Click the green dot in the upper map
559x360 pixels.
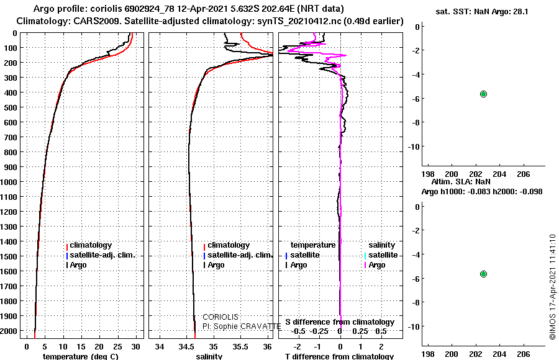pyautogui.click(x=483, y=94)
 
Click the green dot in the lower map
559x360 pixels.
pyautogui.click(x=483, y=274)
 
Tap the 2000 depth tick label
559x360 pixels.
pyautogui.click(x=9, y=331)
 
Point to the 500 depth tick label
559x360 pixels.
pyautogui.click(x=11, y=107)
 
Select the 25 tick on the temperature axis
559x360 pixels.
pyautogui.click(x=117, y=347)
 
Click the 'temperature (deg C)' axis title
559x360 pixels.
pyautogui.click(x=81, y=356)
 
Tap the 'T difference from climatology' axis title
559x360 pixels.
pyautogui.click(x=339, y=356)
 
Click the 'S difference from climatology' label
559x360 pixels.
pyautogui.click(x=340, y=322)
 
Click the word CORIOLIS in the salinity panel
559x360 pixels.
pyautogui.click(x=220, y=317)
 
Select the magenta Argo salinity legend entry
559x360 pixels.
pyautogui.click(x=373, y=265)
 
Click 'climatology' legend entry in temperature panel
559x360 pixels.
pyautogui.click(x=89, y=245)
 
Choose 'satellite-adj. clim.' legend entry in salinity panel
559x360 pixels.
pyautogui.click(x=238, y=255)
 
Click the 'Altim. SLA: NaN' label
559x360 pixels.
pyautogui.click(x=461, y=181)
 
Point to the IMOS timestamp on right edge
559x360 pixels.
pyautogui.click(x=553, y=287)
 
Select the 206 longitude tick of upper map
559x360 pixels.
pyautogui.click(x=524, y=174)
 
